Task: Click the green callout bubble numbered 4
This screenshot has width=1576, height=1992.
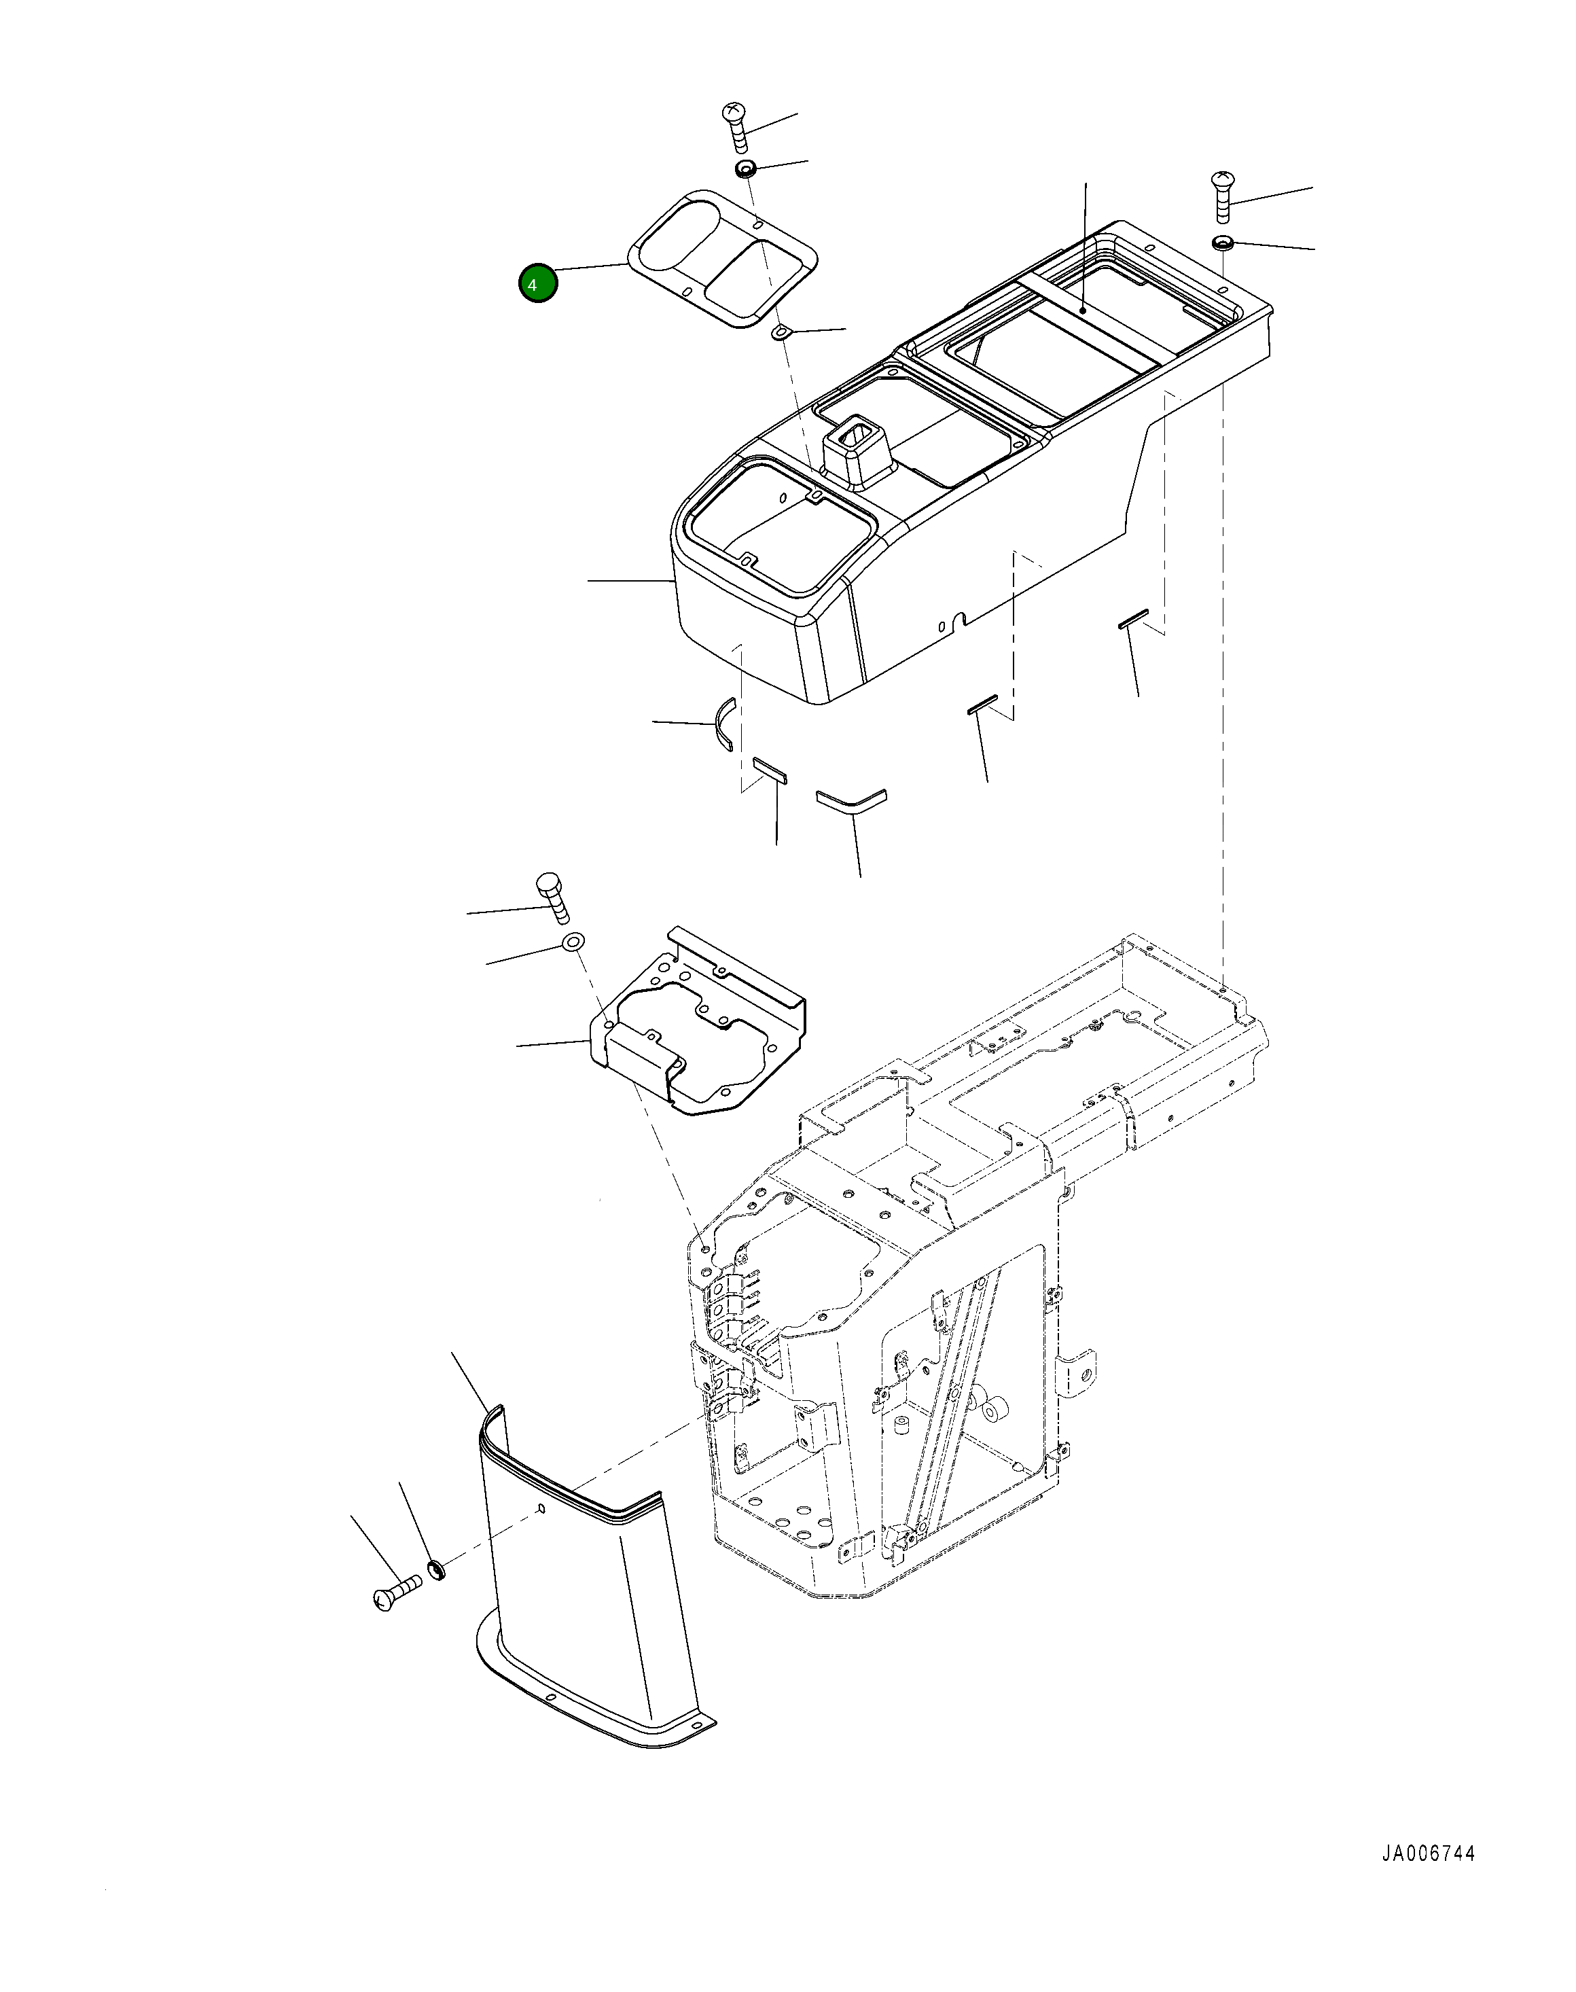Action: [x=538, y=284]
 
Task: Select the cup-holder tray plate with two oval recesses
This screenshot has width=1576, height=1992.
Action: [x=723, y=258]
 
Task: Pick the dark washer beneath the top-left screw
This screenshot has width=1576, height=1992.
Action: [x=746, y=169]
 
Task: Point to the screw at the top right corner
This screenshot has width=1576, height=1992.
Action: [x=1223, y=196]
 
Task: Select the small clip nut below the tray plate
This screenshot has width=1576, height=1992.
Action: [x=781, y=332]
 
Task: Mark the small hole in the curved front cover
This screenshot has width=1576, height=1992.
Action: [x=541, y=1510]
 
